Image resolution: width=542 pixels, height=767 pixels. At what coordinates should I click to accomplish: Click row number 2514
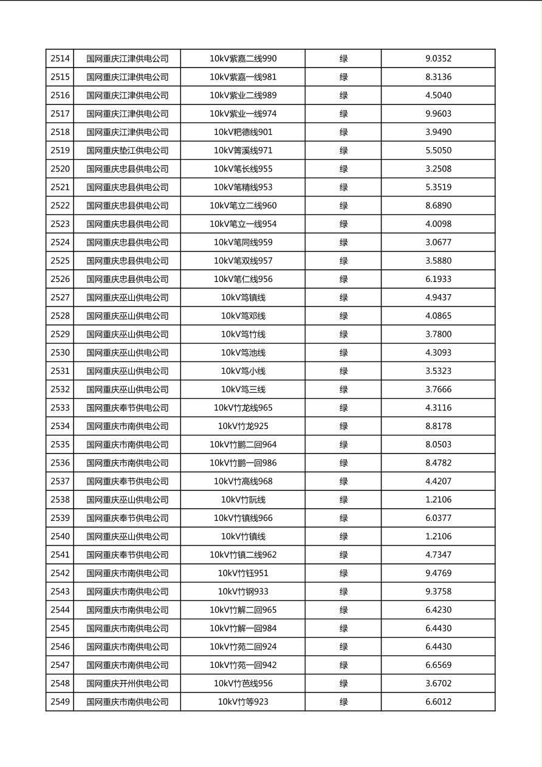[x=60, y=59]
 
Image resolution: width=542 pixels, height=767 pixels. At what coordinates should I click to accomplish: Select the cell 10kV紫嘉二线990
[x=243, y=59]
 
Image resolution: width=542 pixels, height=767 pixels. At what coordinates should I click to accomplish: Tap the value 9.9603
[x=438, y=114]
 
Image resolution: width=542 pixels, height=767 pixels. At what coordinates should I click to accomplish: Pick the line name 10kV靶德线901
[x=243, y=132]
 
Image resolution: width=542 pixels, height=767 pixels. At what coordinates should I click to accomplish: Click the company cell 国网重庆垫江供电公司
[x=127, y=151]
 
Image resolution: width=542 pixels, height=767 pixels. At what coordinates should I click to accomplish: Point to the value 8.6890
[x=438, y=205]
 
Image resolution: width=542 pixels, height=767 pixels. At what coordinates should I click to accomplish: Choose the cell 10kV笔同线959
[x=243, y=242]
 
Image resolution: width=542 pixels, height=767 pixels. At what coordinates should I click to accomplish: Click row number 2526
[x=60, y=279]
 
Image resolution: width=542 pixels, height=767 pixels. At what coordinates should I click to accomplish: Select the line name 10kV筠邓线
[x=243, y=316]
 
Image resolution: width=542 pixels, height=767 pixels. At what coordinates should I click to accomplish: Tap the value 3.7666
[x=438, y=390]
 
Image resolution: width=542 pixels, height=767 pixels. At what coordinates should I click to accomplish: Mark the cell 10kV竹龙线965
[x=243, y=408]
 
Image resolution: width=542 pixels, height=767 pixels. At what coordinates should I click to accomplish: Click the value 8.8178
[x=438, y=426]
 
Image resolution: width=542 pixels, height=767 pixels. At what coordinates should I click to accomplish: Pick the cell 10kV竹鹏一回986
[x=243, y=463]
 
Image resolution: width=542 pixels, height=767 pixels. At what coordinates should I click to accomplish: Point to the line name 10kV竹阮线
[x=243, y=500]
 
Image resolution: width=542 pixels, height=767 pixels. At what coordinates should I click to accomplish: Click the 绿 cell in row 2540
[x=343, y=537]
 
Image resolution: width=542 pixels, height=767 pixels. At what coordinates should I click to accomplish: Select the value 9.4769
[x=438, y=573]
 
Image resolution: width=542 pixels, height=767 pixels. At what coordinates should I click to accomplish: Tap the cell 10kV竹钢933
[x=243, y=591]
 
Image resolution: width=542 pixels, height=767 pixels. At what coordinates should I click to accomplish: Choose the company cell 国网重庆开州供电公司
[x=127, y=684]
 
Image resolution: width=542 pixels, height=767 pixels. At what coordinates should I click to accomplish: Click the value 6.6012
[x=438, y=702]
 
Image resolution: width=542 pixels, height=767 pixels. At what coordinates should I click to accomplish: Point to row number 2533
[x=60, y=408]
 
